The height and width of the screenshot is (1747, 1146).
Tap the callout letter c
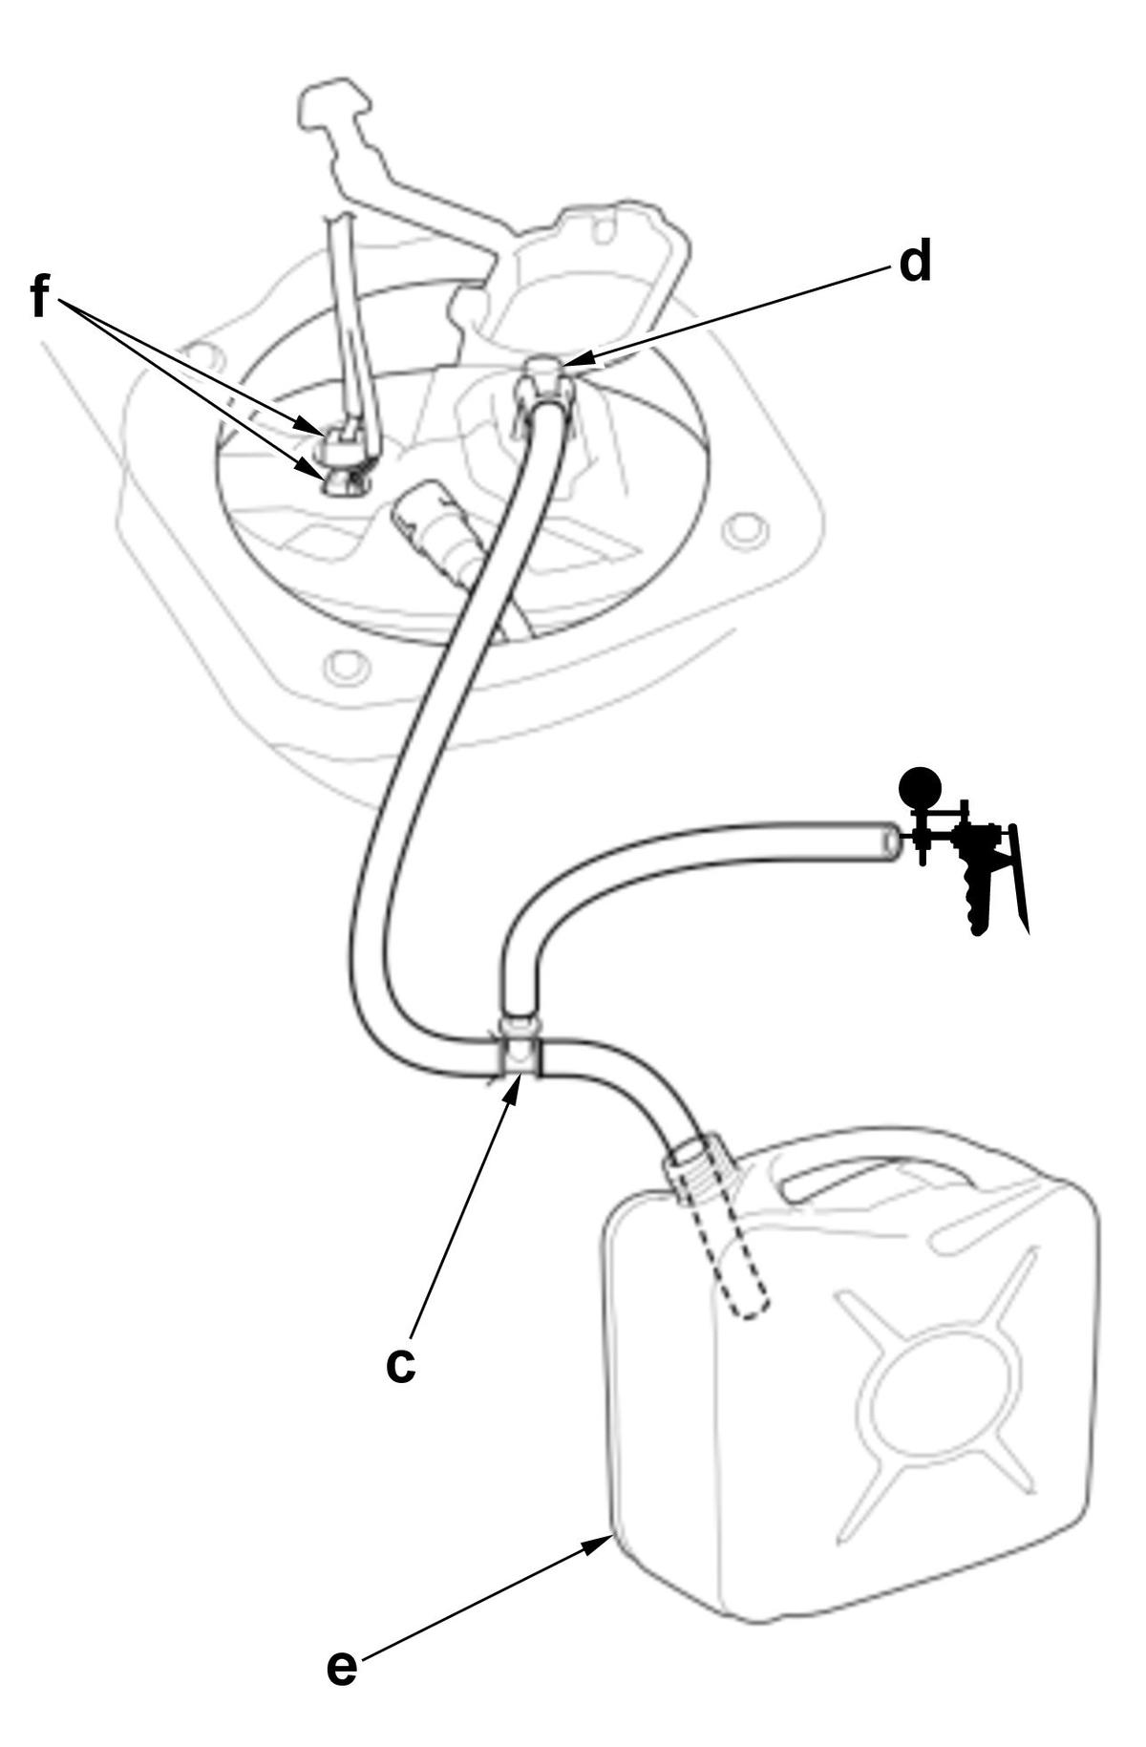401,1365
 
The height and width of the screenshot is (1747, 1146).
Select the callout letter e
341,1668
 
